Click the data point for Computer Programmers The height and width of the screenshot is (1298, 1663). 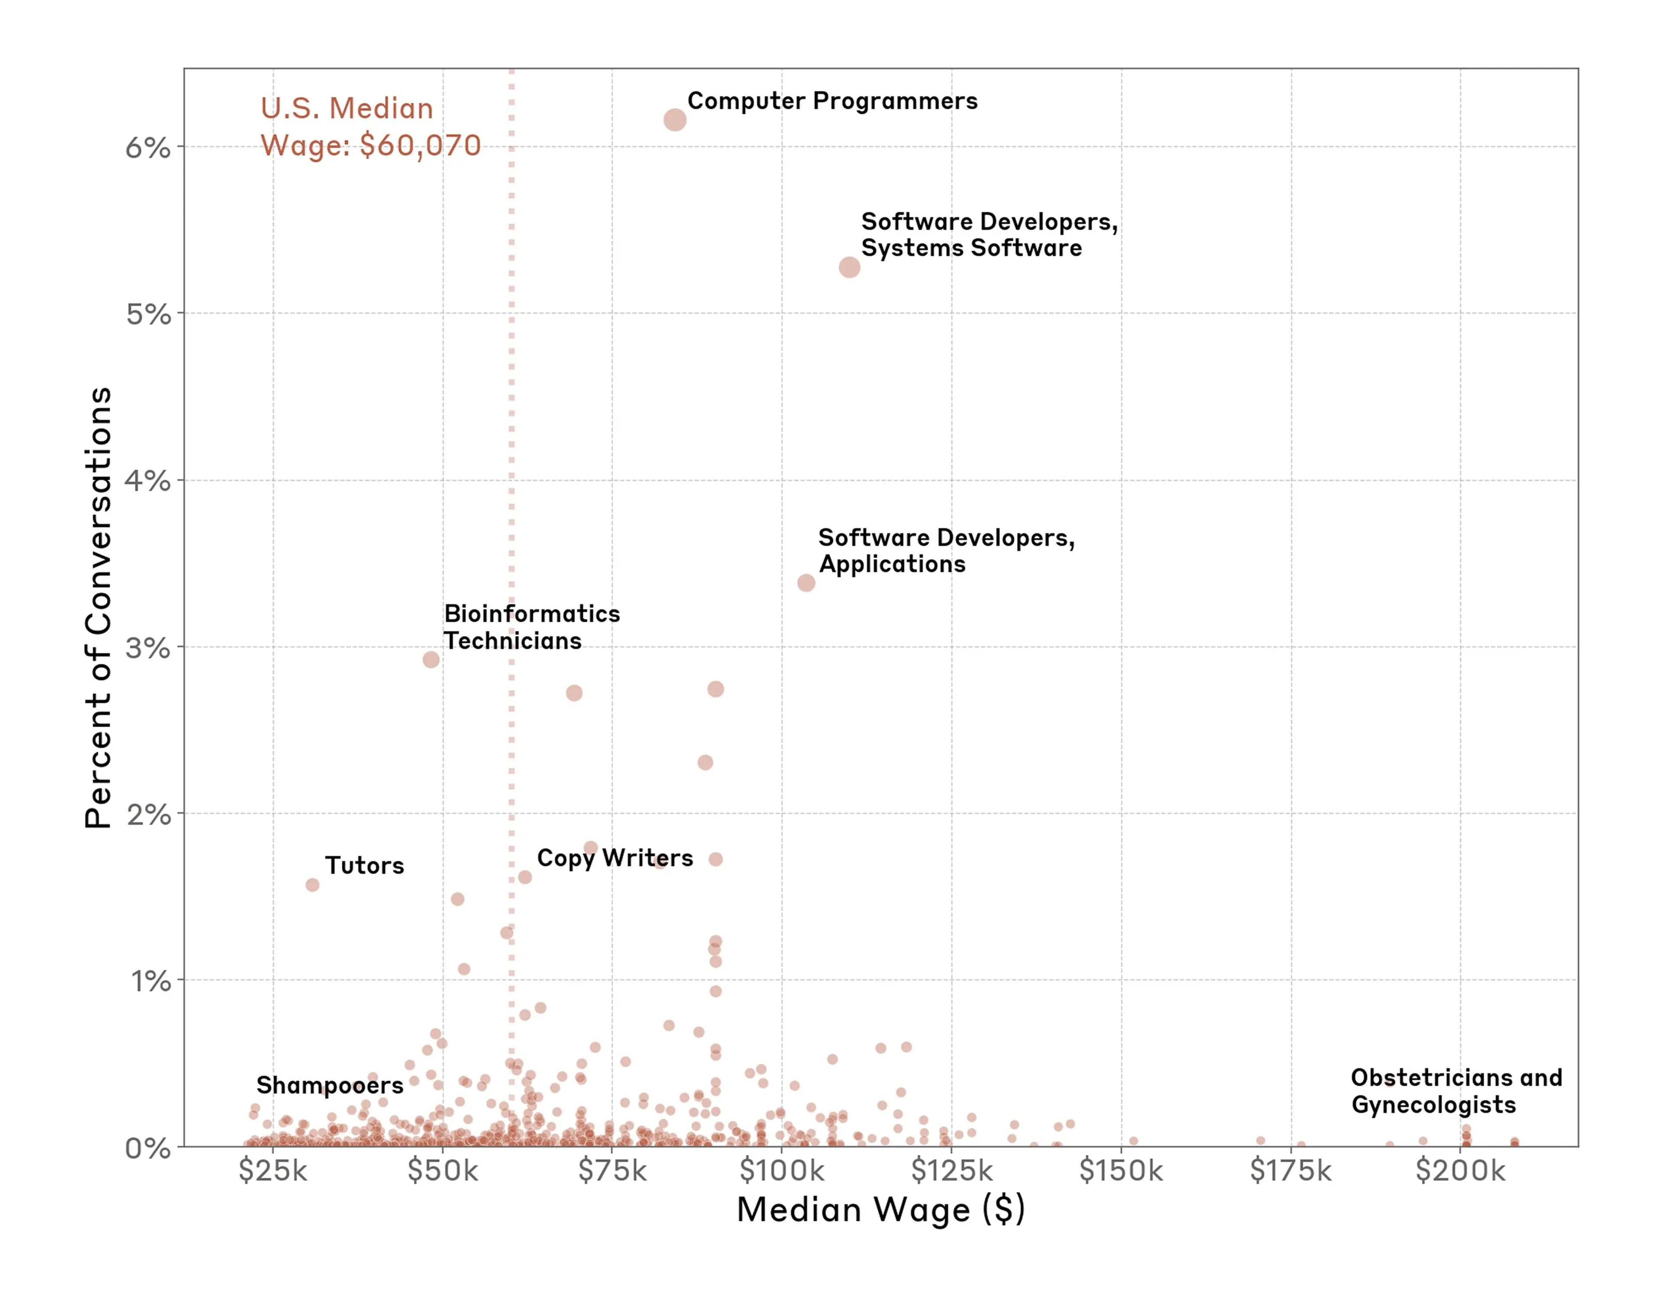pyautogui.click(x=675, y=120)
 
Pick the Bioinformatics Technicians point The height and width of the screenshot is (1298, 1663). pyautogui.click(x=431, y=659)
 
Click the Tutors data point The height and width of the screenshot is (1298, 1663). pyautogui.click(x=312, y=885)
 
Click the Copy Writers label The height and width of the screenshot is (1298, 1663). pyautogui.click(x=615, y=858)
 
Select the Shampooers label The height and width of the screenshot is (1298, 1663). pyautogui.click(x=329, y=1085)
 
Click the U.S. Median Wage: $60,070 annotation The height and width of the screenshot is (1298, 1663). pyautogui.click(x=370, y=126)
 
